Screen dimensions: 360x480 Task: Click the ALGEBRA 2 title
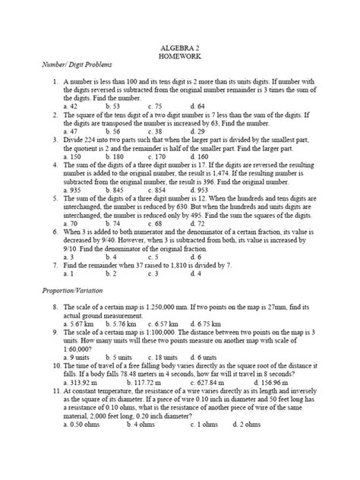tap(180, 47)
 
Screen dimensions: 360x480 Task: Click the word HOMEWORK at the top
tap(180, 56)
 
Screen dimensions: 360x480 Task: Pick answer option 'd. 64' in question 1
tap(197, 106)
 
